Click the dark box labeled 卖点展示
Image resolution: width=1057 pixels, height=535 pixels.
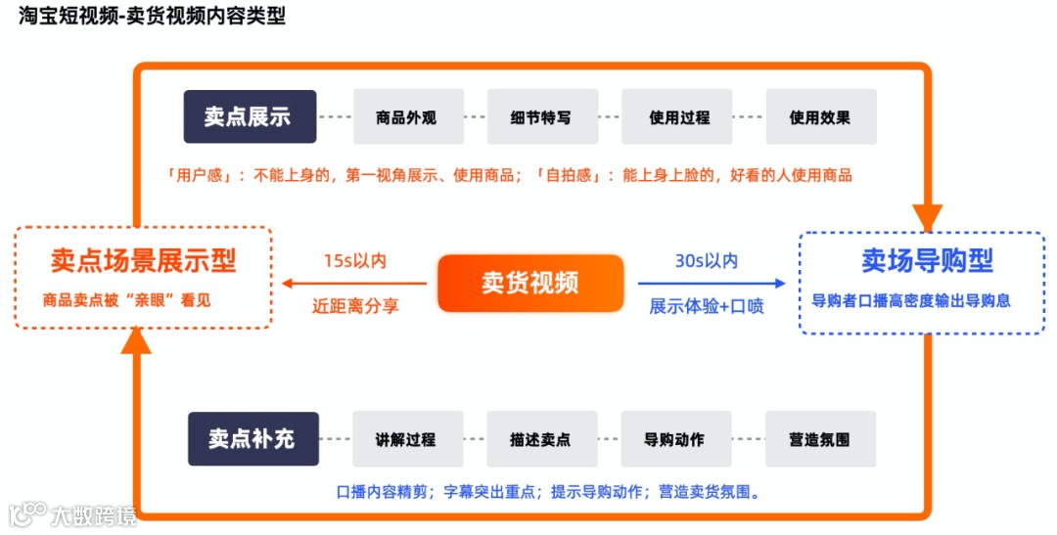tap(250, 117)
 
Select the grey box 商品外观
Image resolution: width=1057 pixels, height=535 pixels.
tap(406, 117)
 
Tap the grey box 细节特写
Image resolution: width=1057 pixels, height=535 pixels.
tap(540, 117)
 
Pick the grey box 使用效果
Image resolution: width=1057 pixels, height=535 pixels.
tap(820, 117)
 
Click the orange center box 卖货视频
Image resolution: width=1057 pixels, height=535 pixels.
tap(529, 284)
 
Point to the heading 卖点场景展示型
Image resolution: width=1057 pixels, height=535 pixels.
tap(143, 261)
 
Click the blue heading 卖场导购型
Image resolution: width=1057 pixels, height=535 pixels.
tap(927, 261)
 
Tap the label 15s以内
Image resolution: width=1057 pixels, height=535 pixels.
tap(355, 261)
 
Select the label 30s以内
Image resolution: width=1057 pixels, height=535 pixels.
tap(707, 261)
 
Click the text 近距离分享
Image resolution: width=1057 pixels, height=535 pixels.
tap(355, 306)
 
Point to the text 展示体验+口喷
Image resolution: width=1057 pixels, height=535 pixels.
tap(707, 306)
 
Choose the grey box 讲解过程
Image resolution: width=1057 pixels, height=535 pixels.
tap(406, 439)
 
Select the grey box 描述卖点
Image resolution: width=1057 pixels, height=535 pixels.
tap(540, 439)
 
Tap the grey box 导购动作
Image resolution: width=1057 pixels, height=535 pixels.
tap(674, 439)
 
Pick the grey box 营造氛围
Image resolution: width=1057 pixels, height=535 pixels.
tap(820, 439)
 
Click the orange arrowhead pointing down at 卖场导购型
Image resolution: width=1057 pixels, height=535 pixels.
tap(926, 217)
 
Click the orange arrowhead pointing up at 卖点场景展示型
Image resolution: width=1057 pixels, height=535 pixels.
tap(136, 338)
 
